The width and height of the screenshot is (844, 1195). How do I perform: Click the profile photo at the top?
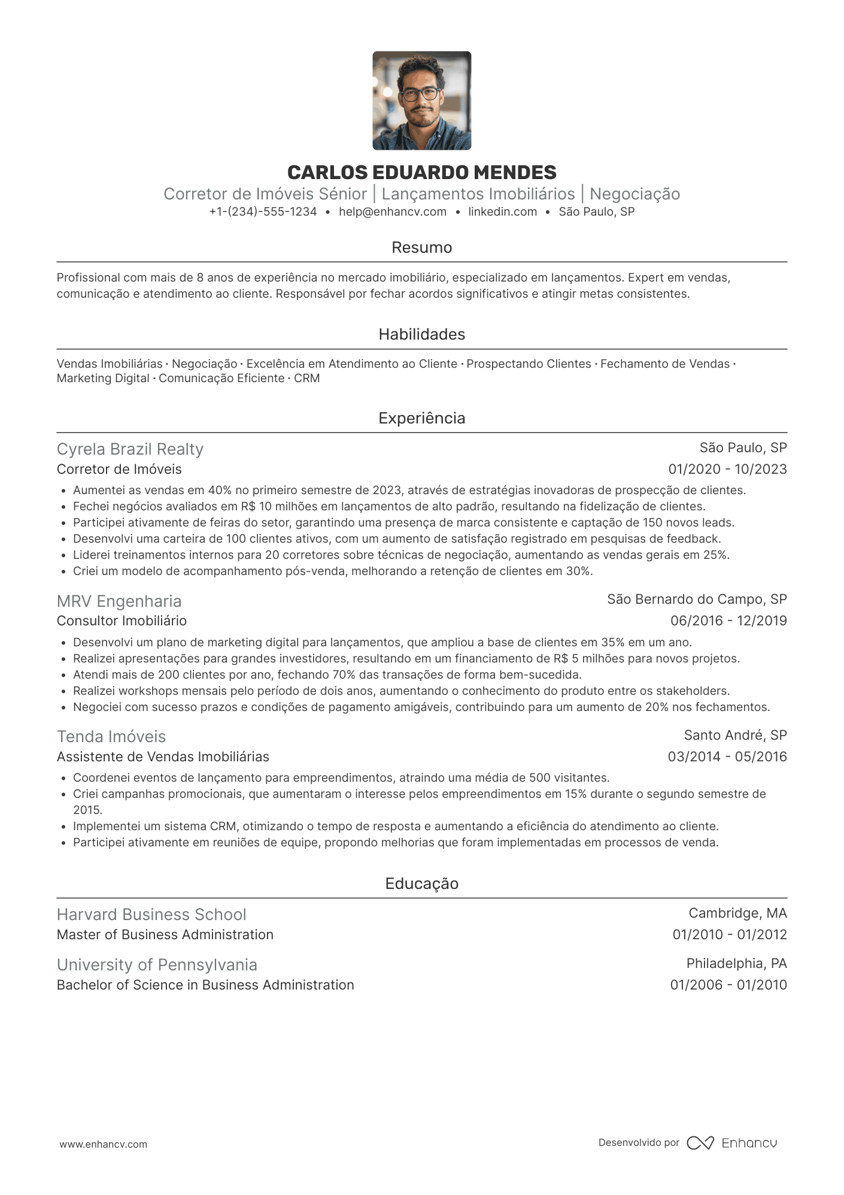[421, 101]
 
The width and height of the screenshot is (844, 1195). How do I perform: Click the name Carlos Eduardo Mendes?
[421, 173]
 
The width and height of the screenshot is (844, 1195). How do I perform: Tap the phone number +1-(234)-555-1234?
[263, 211]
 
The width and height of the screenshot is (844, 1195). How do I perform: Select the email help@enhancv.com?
[393, 211]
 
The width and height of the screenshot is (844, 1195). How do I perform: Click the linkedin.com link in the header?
[502, 211]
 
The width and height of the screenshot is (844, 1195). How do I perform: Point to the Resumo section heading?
[421, 247]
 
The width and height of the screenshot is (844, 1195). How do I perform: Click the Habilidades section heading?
[421, 334]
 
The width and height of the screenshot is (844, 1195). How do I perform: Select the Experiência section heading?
[421, 418]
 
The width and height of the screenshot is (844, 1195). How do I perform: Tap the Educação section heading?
[421, 884]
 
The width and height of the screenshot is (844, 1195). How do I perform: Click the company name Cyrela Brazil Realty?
[130, 449]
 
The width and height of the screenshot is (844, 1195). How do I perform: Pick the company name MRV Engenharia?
[119, 601]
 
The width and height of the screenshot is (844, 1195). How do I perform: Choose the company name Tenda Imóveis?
[111, 736]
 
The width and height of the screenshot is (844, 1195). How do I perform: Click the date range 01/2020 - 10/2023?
[727, 469]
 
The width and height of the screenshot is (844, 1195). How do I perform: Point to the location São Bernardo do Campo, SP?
[697, 599]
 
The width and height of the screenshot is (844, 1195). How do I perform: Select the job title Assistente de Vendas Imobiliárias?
[163, 757]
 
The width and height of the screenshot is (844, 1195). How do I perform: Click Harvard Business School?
[151, 915]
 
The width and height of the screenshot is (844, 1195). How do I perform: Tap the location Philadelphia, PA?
[736, 963]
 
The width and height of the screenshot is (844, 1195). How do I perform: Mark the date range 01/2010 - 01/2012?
[729, 934]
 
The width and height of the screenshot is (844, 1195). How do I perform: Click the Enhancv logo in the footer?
[731, 1143]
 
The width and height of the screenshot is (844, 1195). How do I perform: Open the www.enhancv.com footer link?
[103, 1144]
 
